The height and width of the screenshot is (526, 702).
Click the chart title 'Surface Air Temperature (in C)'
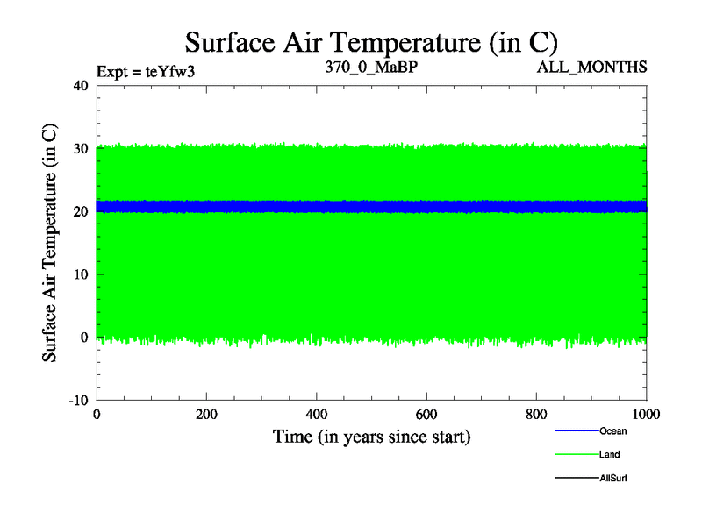coord(371,41)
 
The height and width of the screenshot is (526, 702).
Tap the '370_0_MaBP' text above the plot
coord(363,67)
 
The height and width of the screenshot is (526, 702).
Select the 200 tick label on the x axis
coord(206,415)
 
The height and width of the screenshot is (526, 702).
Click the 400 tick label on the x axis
coord(317,415)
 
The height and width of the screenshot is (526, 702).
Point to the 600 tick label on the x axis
coord(426,415)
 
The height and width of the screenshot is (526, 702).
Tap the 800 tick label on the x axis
coord(537,415)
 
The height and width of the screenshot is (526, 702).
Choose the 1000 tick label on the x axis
coord(647,415)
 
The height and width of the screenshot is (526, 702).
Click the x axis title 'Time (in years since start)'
coord(371,436)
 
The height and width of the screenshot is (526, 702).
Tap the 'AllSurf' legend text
coord(613,479)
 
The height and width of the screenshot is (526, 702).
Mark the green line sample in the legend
coord(577,455)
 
